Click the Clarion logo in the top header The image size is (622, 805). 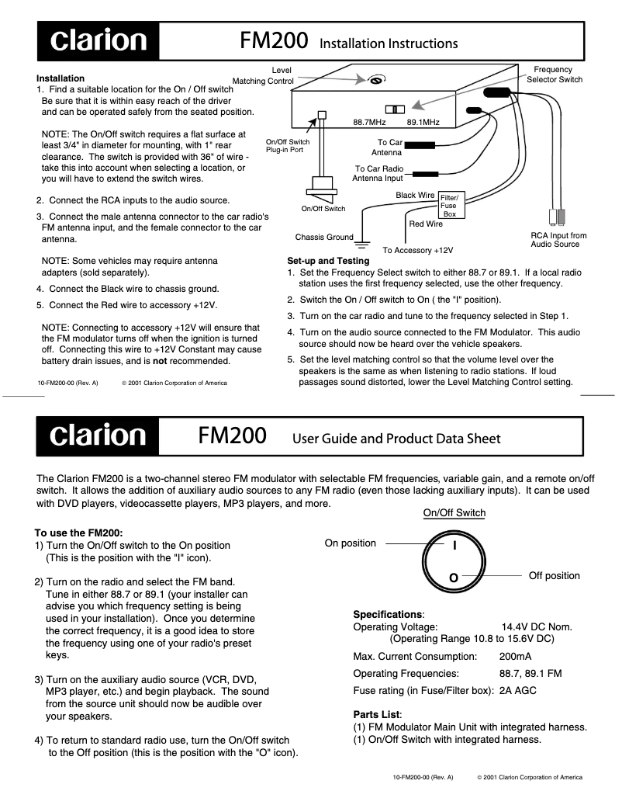98,41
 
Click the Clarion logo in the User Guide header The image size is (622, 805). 98,436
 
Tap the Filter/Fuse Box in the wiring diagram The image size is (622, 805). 450,205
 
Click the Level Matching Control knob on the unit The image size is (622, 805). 376,79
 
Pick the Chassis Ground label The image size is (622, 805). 323,238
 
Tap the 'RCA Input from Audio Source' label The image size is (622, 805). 558,240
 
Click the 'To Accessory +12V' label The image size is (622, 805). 418,251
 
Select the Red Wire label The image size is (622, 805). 425,224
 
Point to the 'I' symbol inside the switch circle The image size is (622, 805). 454,546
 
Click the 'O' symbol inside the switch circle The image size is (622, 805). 454,578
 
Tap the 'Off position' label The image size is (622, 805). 554,576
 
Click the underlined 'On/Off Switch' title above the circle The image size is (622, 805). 454,513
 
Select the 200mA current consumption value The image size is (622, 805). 515,657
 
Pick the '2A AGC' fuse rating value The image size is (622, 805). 518,690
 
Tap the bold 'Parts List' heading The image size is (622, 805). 378,714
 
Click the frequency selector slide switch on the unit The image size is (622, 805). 396,109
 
